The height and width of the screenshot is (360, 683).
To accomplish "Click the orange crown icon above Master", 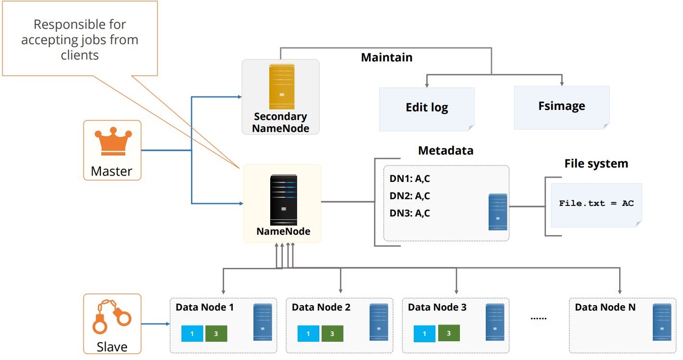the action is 113,142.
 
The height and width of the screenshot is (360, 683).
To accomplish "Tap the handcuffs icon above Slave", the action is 112,317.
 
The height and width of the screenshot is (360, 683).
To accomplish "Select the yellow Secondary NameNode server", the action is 282,86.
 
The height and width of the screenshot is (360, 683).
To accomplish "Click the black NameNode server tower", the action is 284,200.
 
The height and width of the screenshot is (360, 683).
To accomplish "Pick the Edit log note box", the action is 427,109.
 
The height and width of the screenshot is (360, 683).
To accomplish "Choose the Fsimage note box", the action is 562,108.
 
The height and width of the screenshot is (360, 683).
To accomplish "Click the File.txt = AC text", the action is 597,204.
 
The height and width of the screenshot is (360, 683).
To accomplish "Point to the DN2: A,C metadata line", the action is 409,196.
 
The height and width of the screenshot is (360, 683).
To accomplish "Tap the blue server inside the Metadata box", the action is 498,212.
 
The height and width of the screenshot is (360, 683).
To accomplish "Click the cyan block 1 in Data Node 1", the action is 192,334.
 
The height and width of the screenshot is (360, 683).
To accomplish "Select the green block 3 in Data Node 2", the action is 332,334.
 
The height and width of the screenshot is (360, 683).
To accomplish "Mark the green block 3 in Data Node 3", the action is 449,333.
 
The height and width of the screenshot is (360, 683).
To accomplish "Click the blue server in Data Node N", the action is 662,322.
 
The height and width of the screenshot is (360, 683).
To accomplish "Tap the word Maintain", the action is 387,57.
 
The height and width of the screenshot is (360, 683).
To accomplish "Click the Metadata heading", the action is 445,150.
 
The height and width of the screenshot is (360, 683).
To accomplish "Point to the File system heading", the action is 596,164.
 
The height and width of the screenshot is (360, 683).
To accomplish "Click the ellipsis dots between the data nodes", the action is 539,318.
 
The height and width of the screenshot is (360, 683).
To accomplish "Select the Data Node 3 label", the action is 437,307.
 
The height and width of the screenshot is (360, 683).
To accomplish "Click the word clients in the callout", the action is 80,55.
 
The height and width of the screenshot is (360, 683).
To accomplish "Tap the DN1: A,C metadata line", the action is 409,179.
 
